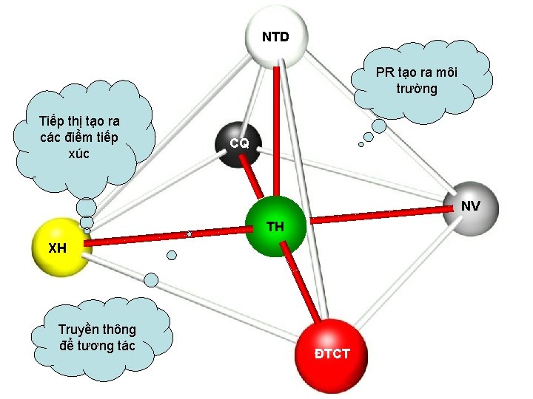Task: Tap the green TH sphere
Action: coord(275,226)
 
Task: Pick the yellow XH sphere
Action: coord(59,245)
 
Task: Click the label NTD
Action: coord(275,36)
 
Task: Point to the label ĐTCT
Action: coord(332,354)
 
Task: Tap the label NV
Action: coord(470,206)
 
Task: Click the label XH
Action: coord(57,248)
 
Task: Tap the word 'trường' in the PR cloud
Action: coord(416,89)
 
